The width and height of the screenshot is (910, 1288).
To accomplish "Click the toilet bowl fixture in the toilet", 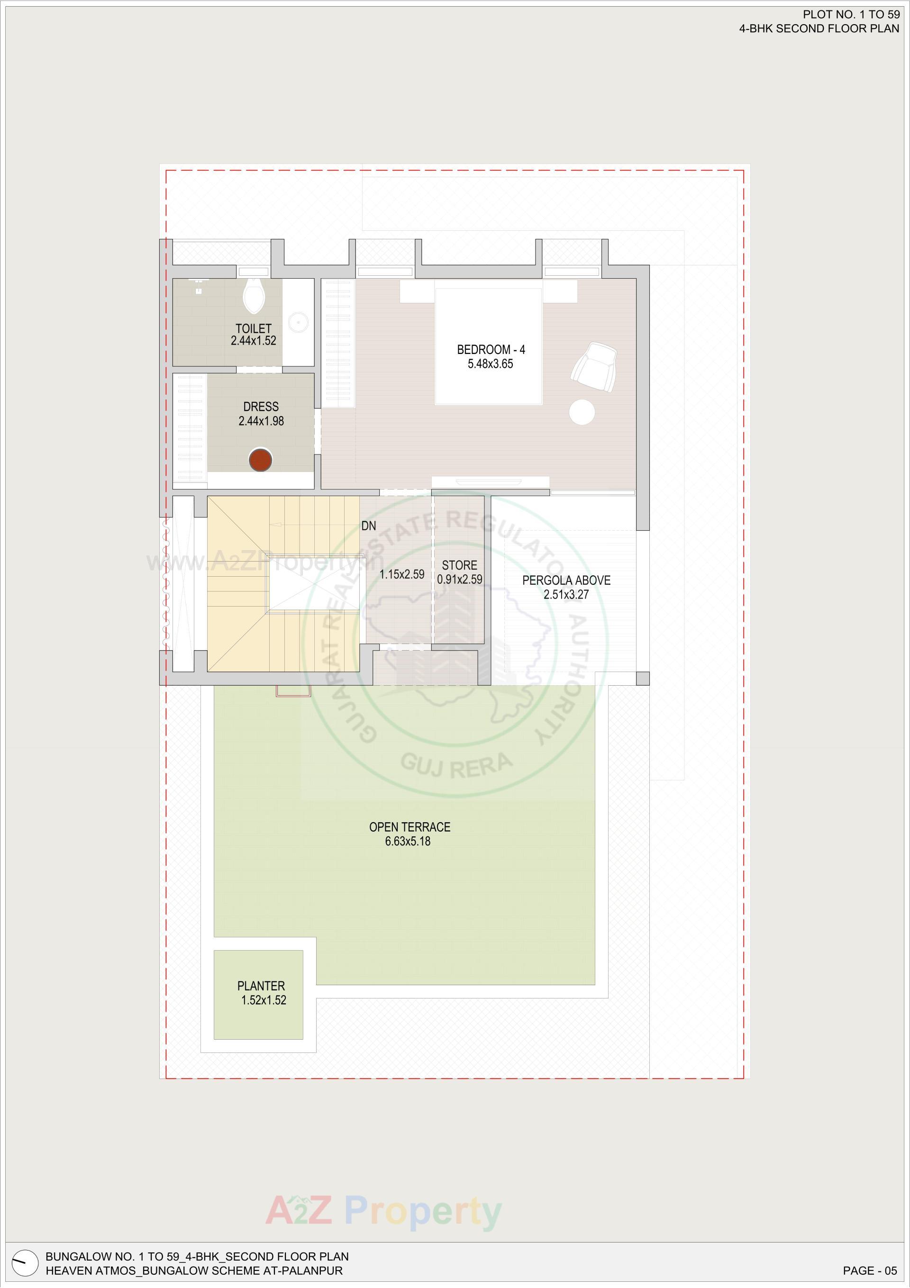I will [254, 296].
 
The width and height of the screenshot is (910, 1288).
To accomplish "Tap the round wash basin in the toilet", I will [298, 322].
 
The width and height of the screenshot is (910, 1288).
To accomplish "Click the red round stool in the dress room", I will [260, 460].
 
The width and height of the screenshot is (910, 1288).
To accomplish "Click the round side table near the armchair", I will [582, 412].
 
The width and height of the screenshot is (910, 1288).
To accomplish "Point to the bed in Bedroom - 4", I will [489, 345].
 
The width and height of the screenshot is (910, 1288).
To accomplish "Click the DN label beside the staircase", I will [369, 526].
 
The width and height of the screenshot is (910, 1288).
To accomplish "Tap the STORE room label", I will [459, 565].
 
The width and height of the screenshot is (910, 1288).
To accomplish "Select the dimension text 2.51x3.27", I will [566, 595].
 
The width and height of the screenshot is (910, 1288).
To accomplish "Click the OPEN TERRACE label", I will [409, 827].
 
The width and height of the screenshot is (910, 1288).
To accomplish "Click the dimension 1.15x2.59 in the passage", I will [402, 574].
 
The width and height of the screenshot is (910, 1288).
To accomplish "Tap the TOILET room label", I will [254, 328].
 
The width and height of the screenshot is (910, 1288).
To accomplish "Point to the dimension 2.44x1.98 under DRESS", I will [261, 421].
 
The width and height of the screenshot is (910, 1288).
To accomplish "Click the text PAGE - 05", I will [870, 1270].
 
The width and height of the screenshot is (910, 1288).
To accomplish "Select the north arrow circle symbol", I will [25, 1264].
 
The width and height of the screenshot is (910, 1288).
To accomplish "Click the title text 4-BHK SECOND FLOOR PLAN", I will [819, 28].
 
